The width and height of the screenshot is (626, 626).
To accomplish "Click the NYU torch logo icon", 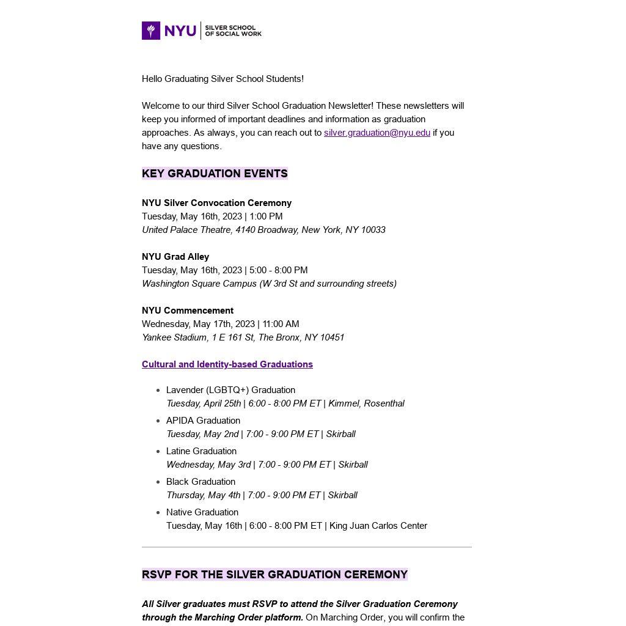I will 151,31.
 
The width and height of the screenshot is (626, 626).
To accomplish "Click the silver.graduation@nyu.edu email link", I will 377,133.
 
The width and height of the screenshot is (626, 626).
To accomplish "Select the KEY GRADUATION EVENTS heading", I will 215,174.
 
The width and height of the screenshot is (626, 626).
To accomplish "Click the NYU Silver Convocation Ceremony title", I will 216,203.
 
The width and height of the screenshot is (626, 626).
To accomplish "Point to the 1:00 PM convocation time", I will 266,216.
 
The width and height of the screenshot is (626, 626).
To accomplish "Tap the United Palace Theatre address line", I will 263,230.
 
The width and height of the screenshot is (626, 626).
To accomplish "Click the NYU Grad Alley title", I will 175,257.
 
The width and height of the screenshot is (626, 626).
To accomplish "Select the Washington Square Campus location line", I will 269,284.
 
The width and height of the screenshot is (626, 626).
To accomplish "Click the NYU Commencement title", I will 188,311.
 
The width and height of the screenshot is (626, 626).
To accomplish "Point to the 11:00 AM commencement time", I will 281,324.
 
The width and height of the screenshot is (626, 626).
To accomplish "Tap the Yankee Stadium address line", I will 243,337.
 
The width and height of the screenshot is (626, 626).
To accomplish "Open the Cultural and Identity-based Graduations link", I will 227,364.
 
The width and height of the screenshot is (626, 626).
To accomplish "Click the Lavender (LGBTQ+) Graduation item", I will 230,390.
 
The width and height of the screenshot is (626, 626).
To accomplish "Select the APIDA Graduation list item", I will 203,421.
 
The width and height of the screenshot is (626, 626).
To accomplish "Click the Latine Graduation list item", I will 201,451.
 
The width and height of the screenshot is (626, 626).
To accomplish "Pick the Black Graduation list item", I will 201,482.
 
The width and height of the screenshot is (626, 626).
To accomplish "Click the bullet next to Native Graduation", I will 158,512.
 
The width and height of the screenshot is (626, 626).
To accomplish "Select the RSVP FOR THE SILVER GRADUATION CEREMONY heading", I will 274,575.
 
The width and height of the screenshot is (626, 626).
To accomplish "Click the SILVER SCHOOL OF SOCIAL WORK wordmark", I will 233,31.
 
